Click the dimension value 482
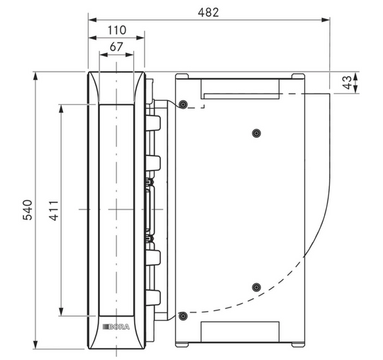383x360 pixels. pos(208,13)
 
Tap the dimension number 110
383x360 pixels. pos(117,31)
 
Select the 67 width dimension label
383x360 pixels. pos(116,47)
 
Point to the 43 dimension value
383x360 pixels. pos(347,82)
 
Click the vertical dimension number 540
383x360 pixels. pos(28,210)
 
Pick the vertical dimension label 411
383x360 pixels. pos(54,211)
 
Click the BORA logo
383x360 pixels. pos(116,327)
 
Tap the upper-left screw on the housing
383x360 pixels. pos(183,104)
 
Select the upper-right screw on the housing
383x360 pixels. pos(256,133)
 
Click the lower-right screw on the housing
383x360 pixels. pos(256,288)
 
